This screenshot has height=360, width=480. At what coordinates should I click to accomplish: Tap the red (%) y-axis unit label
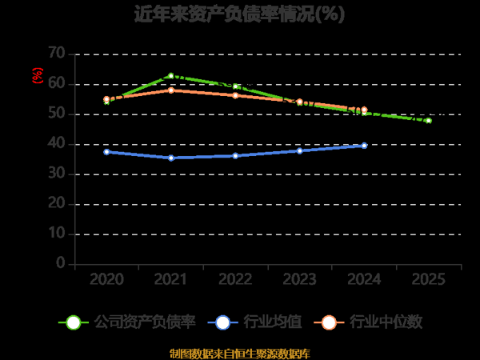point(37,75)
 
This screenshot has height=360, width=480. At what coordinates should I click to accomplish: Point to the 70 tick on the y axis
point(56,54)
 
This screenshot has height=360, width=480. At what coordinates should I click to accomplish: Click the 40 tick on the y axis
point(56,144)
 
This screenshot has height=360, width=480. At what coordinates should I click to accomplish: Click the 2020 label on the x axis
point(106,280)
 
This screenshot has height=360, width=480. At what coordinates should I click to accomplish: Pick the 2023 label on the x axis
point(299,280)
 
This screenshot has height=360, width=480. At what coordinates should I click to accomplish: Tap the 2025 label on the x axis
point(428,280)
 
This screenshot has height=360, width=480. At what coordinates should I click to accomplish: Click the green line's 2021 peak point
point(170,76)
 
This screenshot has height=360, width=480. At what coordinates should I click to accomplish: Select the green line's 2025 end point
point(428,121)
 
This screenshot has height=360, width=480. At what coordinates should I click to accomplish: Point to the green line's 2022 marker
point(235,86)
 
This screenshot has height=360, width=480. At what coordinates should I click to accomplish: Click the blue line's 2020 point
point(106,151)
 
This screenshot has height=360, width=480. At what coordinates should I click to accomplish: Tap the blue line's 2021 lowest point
point(170,158)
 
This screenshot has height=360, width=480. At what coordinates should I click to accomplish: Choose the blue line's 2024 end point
point(364,146)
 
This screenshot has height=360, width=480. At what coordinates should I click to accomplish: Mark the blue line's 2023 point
point(299,150)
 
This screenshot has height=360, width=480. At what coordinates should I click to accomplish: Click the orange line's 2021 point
point(170,90)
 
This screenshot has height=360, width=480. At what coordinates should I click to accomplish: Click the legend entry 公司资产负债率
point(128,322)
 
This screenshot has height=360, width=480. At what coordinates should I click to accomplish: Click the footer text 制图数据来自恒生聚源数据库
point(240,353)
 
